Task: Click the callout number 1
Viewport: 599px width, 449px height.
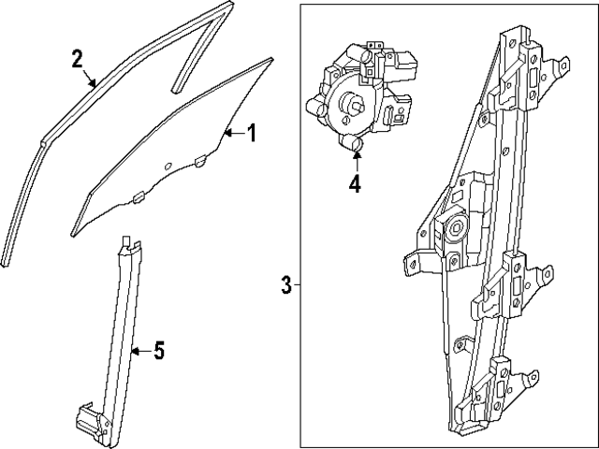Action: (250, 133)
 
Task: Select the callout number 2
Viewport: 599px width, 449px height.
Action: (78, 59)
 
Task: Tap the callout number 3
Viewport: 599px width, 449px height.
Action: (286, 285)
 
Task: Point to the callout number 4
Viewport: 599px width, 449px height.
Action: (355, 183)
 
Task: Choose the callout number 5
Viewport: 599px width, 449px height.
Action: (158, 352)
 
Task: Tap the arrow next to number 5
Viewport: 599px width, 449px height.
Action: (139, 352)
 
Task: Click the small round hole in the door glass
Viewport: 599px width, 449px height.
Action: (167, 167)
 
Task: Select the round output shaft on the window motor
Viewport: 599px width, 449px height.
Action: (354, 105)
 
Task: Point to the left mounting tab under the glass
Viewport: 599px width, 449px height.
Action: (137, 197)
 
